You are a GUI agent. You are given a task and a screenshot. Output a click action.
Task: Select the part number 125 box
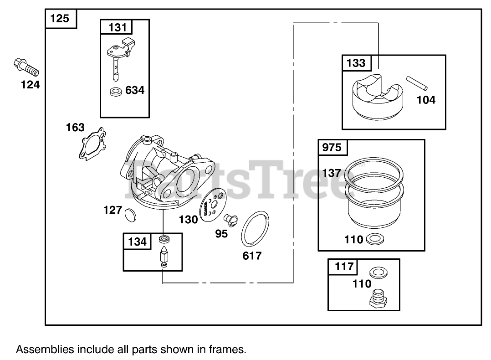60,19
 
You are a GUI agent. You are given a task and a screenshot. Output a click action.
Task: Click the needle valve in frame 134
163,258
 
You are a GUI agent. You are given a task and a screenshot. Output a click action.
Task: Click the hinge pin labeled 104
417,83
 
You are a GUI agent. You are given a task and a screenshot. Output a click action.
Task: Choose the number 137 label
331,173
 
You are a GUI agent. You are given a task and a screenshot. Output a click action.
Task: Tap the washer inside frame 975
374,238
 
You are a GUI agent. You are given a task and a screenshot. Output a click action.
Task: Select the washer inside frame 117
378,273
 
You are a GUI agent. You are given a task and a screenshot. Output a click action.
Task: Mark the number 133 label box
356,63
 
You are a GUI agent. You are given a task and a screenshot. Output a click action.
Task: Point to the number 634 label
135,90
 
